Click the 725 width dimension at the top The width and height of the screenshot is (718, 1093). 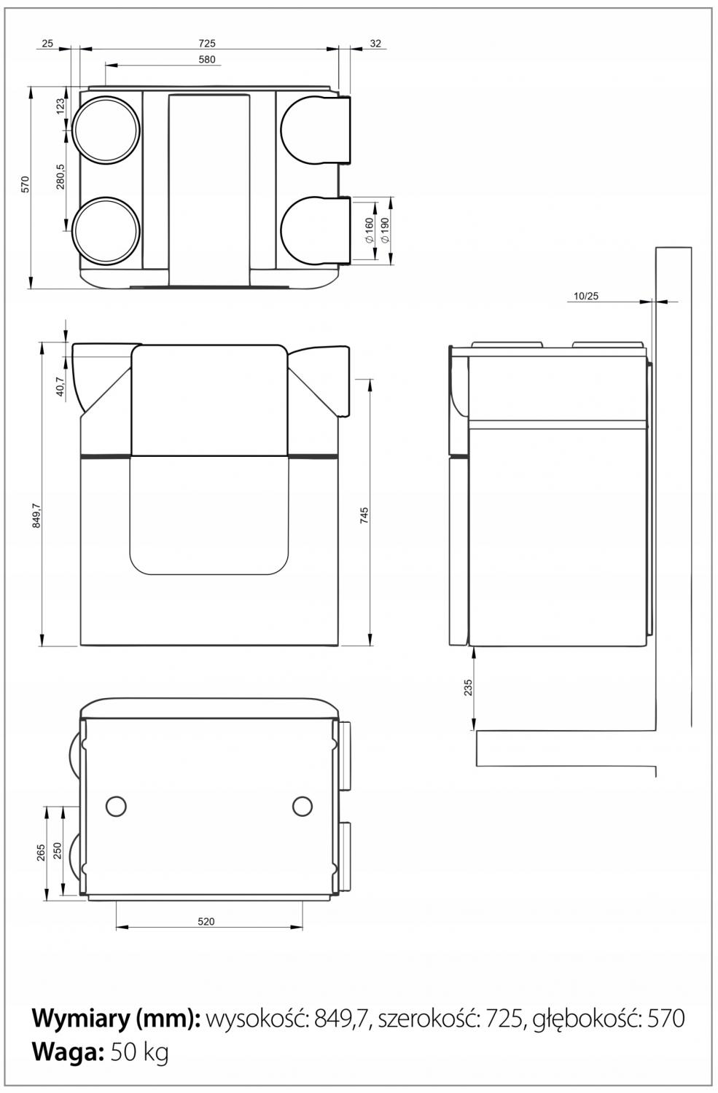click(x=206, y=44)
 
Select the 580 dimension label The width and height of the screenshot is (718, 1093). click(x=206, y=60)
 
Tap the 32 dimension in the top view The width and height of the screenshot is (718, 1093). click(x=375, y=44)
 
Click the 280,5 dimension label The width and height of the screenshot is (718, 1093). click(x=61, y=176)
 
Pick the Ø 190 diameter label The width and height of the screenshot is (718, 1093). click(x=383, y=230)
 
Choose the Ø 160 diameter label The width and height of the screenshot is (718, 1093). click(x=369, y=230)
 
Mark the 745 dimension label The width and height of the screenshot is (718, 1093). click(x=364, y=515)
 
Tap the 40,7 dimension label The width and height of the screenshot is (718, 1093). click(x=61, y=386)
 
